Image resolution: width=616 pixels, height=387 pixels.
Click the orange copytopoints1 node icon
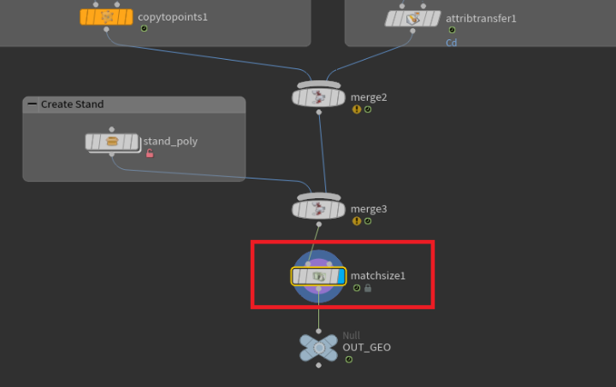pos(106,17)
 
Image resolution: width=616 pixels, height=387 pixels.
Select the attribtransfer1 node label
pos(482,18)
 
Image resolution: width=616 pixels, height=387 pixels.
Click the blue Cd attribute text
pos(451,42)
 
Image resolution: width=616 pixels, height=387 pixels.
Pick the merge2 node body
pos(318,97)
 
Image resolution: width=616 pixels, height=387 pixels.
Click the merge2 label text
pos(369,97)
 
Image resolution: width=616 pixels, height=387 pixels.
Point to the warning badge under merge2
pos(356,109)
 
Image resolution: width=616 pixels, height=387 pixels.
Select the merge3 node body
pos(318,208)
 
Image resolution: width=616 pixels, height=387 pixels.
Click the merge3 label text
pos(369,208)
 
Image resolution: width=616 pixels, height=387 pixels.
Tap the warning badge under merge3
pos(356,220)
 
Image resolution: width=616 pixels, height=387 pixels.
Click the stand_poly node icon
pos(112,142)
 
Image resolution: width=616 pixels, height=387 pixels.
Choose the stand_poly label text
pos(170,142)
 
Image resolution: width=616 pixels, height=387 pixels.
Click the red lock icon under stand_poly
pos(150,154)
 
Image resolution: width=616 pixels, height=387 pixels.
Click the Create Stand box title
pos(72,104)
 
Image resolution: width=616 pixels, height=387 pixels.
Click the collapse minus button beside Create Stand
pos(33,104)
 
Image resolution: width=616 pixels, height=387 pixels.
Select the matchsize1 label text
pos(377,276)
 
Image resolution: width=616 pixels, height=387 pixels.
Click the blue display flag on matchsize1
pos(340,276)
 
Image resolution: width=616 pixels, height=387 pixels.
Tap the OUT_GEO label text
pos(366,348)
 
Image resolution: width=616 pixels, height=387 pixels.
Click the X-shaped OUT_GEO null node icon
pos(318,347)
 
